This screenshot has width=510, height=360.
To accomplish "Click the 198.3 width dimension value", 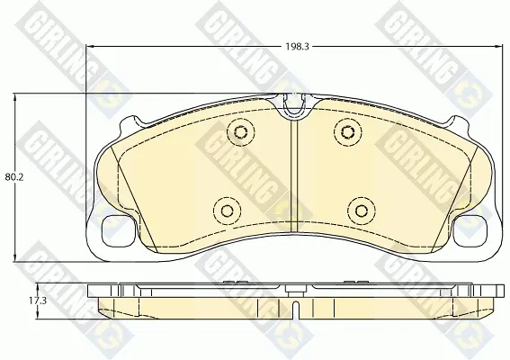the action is pos(297,47).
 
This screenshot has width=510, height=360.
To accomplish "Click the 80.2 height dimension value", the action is pos(14,177).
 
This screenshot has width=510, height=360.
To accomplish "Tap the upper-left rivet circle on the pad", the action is pos(240,131).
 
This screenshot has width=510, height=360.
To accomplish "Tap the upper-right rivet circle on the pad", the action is pos(347,131).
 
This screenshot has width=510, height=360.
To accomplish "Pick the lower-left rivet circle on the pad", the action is pos(227,211).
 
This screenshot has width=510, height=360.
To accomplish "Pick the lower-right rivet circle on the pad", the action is pos(361,211).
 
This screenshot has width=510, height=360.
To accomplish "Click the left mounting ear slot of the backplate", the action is pos(118,232).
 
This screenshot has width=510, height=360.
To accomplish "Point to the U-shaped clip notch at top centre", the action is pos(294,104).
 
